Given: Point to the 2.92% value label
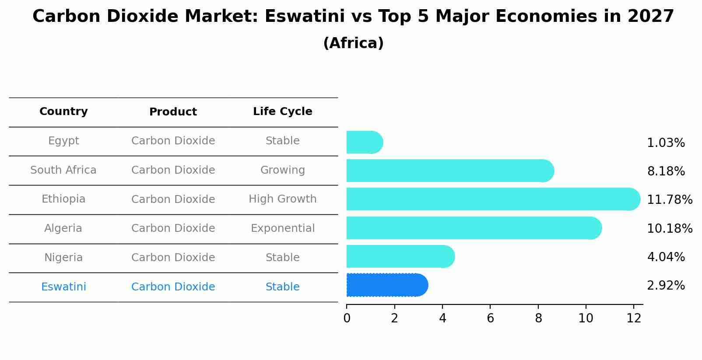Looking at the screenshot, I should (x=665, y=286).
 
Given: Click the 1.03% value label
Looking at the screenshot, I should (x=665, y=143).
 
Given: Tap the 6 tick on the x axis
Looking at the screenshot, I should (x=490, y=318).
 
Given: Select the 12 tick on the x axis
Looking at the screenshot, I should (x=633, y=318).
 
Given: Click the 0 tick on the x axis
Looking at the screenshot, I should (x=347, y=318).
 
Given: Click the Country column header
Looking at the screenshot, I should (x=63, y=112).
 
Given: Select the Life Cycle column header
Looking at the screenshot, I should (x=282, y=112).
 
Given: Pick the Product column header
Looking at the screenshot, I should (x=173, y=112).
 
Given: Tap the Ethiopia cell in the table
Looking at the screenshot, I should (x=63, y=199).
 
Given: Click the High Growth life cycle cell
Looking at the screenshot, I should (x=282, y=199).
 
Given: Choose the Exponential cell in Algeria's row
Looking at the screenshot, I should (x=282, y=228).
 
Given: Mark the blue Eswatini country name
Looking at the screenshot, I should (x=63, y=287).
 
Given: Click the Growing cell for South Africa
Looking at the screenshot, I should (x=282, y=170).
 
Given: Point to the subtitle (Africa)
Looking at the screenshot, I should (x=353, y=43).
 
